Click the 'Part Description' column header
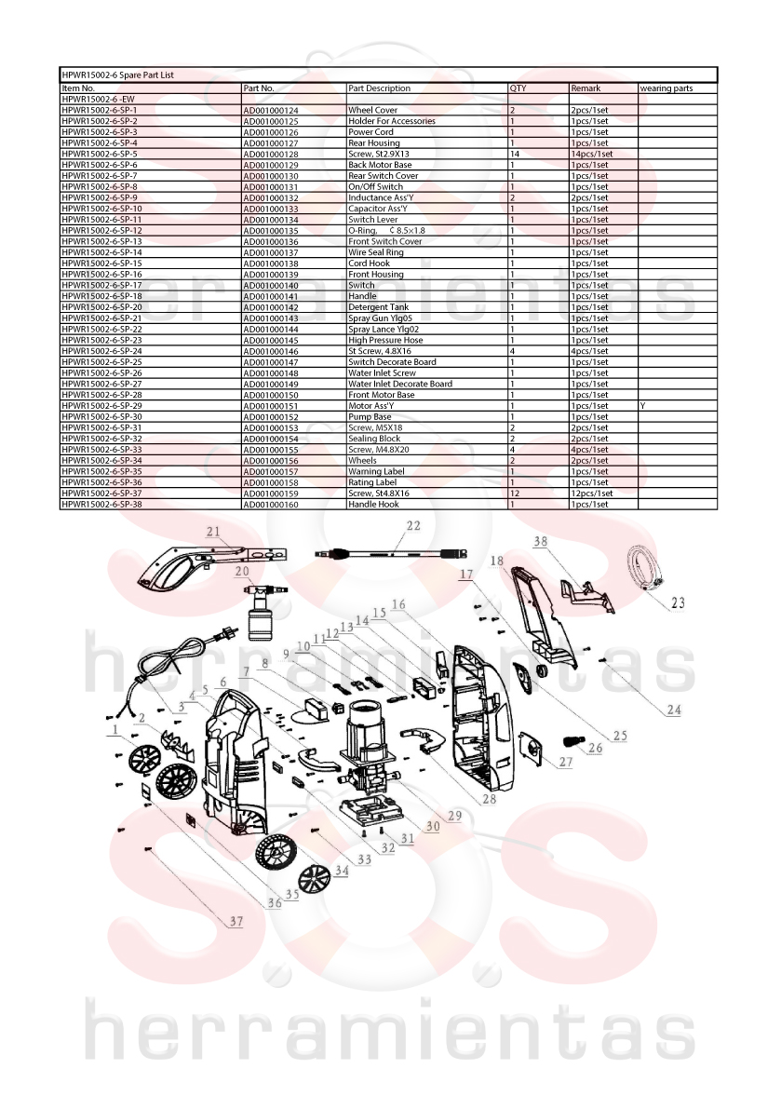379,88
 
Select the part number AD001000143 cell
271,318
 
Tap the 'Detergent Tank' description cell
378,307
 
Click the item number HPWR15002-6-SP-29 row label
101,406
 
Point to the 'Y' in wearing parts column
642,406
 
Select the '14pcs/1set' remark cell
592,154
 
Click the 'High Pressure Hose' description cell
385,340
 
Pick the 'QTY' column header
518,88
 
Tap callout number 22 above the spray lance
413,525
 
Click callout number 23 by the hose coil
678,602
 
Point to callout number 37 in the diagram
236,921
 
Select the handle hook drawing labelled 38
586,595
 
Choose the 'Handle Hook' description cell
373,505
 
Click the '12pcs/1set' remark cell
592,494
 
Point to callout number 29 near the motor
454,816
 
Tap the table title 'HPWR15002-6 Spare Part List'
118,75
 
